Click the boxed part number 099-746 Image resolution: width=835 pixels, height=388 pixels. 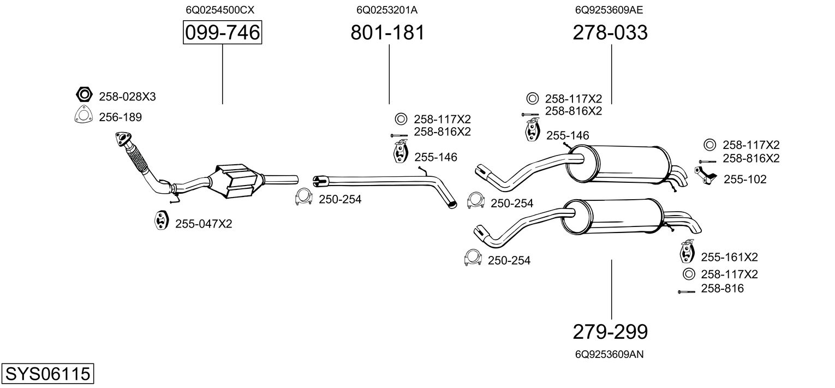pyautogui.click(x=222, y=33)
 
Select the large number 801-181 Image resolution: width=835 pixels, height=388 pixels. pyautogui.click(x=387, y=33)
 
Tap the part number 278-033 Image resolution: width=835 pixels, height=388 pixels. pyautogui.click(x=610, y=33)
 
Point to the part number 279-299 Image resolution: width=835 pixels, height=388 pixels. pyautogui.click(x=610, y=331)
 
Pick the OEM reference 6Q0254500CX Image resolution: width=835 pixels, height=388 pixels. pyautogui.click(x=220, y=10)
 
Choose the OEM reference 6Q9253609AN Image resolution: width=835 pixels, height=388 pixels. pyautogui.click(x=609, y=355)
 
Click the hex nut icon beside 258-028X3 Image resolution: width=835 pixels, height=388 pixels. pyautogui.click(x=84, y=95)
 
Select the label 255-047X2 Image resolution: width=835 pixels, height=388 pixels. pyautogui.click(x=204, y=224)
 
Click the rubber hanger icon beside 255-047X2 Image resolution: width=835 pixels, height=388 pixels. pyautogui.click(x=159, y=219)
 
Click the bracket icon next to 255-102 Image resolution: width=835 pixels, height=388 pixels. pyautogui.click(x=705, y=176)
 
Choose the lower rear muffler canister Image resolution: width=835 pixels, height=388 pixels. pyautogui.click(x=611, y=216)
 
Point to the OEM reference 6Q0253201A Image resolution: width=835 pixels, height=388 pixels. pyautogui.click(x=387, y=10)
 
